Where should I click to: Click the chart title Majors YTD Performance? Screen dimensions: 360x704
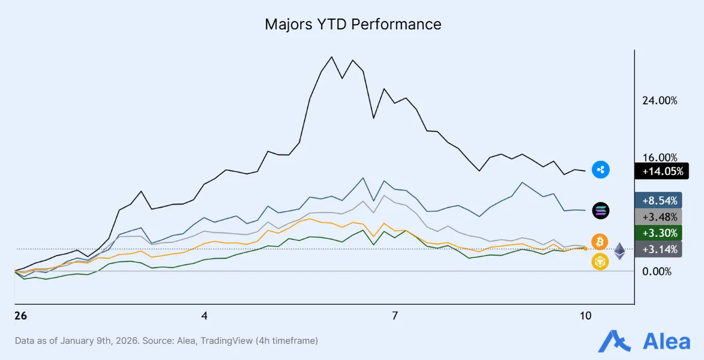(353, 25)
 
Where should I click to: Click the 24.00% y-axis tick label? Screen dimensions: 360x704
(660, 101)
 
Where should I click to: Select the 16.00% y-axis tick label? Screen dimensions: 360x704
(660, 157)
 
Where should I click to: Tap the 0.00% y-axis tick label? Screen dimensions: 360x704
(657, 271)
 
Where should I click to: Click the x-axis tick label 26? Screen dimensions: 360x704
(20, 316)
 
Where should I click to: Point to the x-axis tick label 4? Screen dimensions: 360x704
(205, 316)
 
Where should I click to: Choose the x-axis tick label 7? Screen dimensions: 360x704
(395, 316)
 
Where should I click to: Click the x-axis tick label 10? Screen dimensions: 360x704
(585, 316)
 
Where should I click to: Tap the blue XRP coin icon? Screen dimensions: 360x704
(600, 170)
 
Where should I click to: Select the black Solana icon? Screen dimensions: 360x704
(600, 210)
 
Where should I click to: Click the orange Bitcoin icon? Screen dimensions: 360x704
(600, 242)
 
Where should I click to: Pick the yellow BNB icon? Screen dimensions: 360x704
(600, 262)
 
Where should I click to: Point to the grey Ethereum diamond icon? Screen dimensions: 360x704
(619, 251)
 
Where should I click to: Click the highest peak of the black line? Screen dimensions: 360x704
(331, 57)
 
